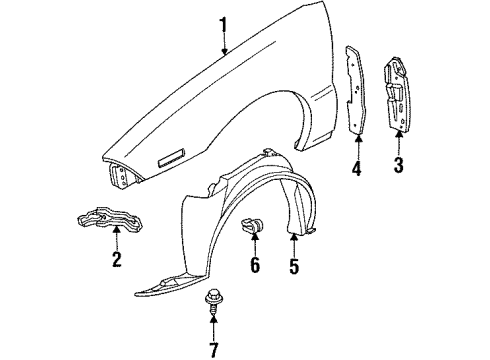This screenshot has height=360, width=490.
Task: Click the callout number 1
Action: click(x=225, y=22)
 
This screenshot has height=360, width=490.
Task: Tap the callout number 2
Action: click(x=116, y=261)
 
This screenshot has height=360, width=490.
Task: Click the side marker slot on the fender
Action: click(x=166, y=158)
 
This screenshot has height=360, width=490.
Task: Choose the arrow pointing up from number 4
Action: click(x=356, y=144)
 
